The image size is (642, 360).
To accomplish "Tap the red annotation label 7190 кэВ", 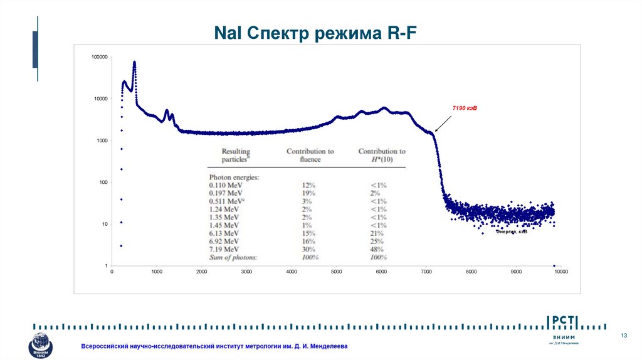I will point(465,109).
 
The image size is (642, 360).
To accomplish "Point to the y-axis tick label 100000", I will point(100,57).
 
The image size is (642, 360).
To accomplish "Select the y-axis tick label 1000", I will point(103,140).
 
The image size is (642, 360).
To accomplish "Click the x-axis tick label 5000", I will point(337,272).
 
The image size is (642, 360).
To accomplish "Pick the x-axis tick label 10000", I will point(560,272).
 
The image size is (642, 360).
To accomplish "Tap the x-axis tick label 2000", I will point(202,272).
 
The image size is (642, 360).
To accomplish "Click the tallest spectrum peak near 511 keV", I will point(134,63).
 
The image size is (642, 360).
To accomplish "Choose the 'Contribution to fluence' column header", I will point(310,155).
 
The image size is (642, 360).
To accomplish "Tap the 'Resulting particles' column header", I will point(236,155).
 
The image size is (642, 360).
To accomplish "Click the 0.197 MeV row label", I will point(226,193).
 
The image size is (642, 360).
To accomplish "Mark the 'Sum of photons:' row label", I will point(233,258).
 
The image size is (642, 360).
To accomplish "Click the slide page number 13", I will point(624,336).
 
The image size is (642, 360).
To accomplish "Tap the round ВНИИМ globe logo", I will point(41,346).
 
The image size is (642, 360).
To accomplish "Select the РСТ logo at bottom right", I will point(564,322).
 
